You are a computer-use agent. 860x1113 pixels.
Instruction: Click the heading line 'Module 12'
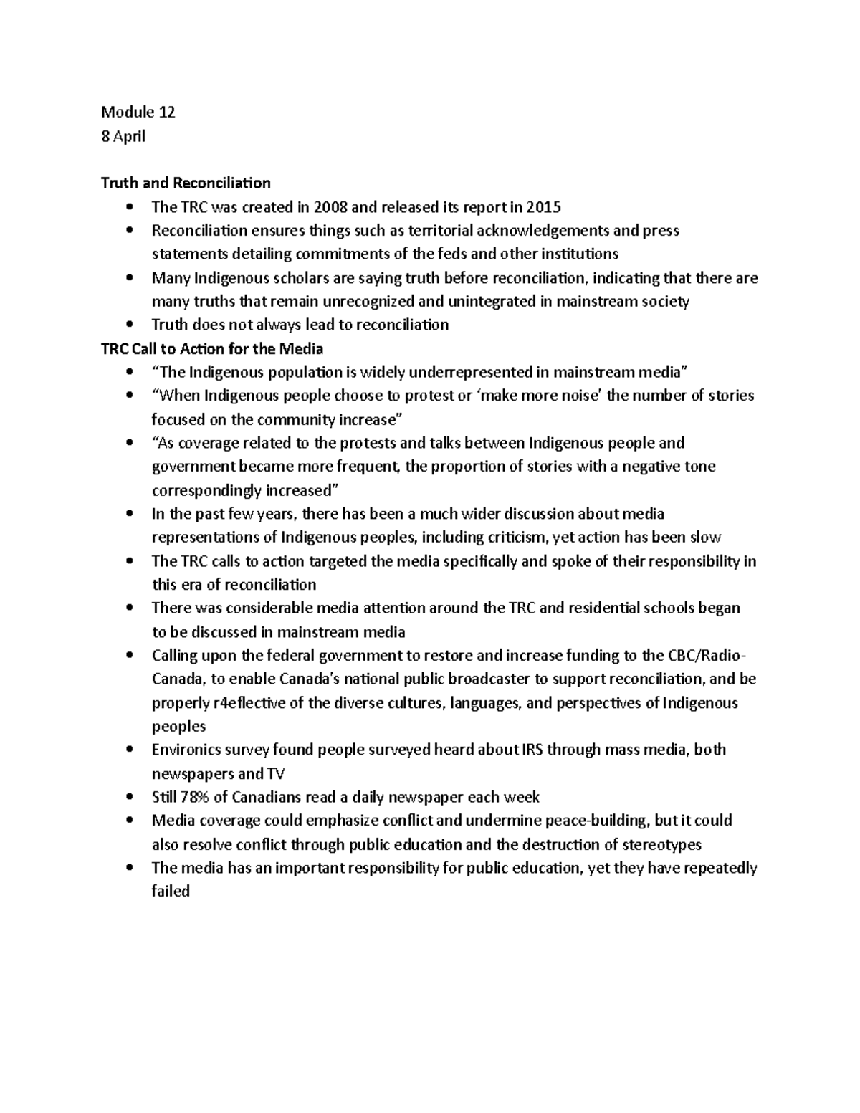(138, 112)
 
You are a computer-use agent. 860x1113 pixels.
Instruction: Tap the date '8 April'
(123, 135)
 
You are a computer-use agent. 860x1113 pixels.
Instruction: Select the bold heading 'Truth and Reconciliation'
(186, 183)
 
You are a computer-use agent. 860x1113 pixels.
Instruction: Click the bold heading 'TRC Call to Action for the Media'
(211, 348)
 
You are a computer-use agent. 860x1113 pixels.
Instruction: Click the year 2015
(543, 207)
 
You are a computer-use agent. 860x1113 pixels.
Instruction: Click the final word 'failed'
(171, 892)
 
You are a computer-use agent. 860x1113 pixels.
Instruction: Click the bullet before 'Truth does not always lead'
(129, 325)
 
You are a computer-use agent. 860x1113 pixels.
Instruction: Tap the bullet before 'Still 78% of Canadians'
(129, 798)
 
